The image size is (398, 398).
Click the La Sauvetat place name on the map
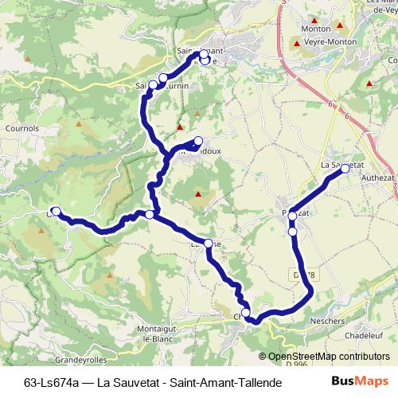tap(338, 164)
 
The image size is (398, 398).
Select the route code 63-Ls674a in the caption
tap(55, 382)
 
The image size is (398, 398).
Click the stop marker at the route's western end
tap(56, 210)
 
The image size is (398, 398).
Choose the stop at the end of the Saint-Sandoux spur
tap(198, 141)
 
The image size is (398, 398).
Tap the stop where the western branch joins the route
tap(149, 214)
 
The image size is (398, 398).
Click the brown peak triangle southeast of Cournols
tap(79, 123)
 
